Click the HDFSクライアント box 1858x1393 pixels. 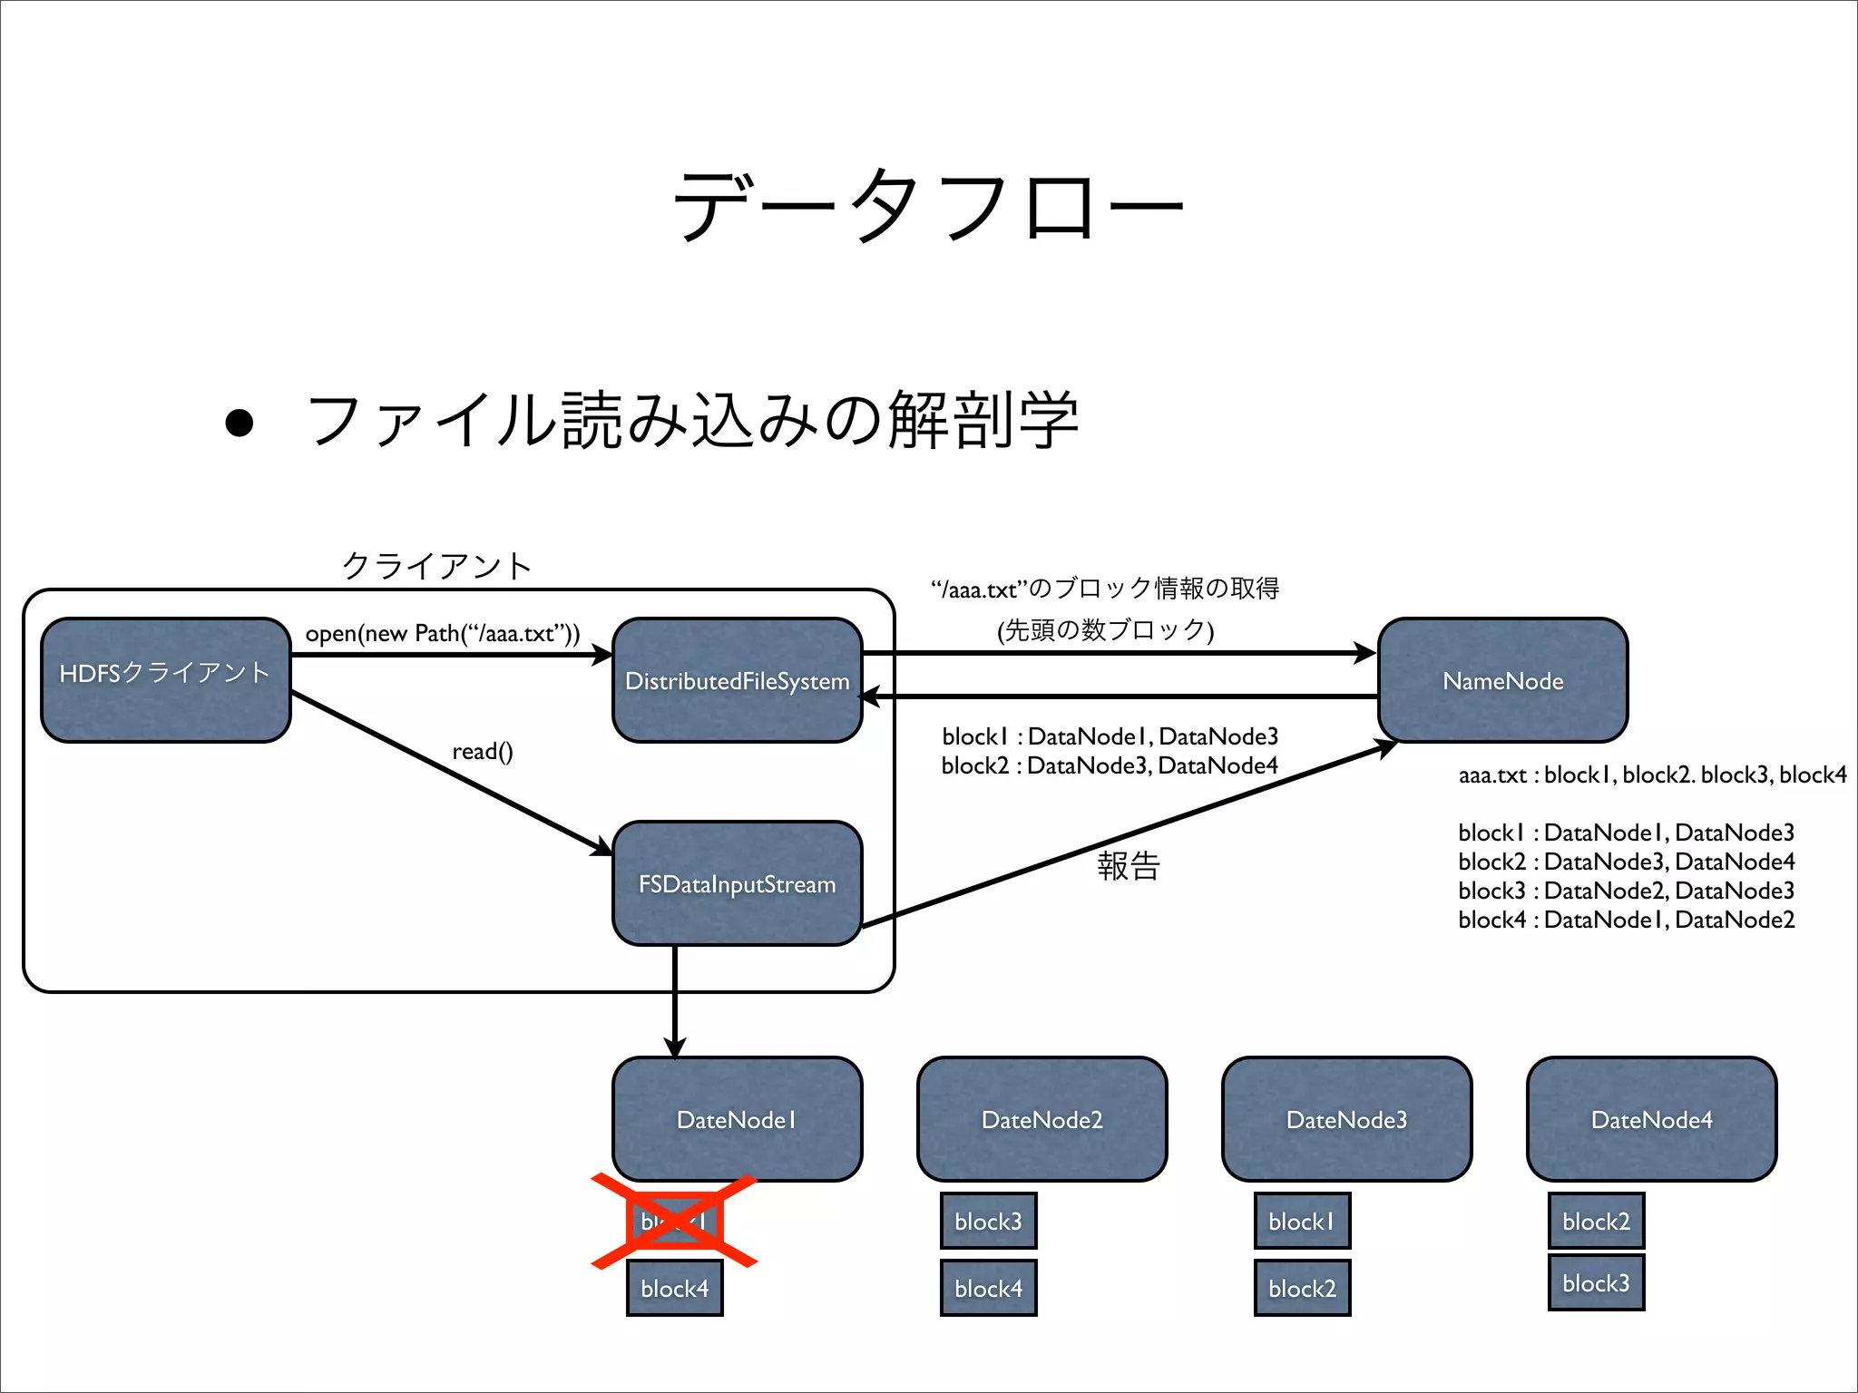(x=165, y=680)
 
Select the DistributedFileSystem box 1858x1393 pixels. (x=737, y=680)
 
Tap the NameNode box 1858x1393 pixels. (x=1502, y=680)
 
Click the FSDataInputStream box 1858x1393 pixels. (x=737, y=883)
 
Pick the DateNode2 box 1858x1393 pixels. (x=1041, y=1119)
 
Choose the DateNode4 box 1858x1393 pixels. (x=1651, y=1119)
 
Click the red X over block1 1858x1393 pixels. (x=674, y=1221)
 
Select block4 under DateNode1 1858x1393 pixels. (x=674, y=1288)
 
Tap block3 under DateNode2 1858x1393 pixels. (x=988, y=1221)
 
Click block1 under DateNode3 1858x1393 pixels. (x=1302, y=1221)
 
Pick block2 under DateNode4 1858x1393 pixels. (x=1596, y=1221)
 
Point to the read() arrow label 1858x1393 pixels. (x=483, y=751)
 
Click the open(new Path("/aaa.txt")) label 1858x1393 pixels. (x=442, y=633)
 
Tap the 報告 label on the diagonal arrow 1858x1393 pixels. (x=1129, y=865)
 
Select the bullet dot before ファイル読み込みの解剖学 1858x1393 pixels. (x=240, y=423)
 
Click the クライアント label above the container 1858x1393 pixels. (x=436, y=566)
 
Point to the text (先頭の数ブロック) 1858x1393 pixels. (x=1105, y=629)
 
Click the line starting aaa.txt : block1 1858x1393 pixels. (x=1651, y=774)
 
